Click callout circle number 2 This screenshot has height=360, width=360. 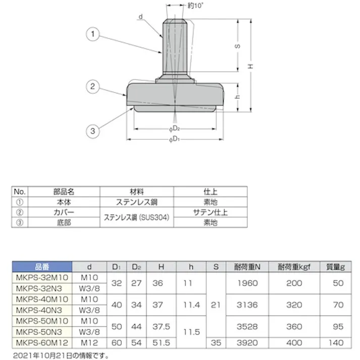click(x=92, y=86)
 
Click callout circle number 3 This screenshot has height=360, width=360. click(x=92, y=131)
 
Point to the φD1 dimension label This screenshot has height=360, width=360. click(x=174, y=139)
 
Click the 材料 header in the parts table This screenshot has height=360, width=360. click(x=136, y=192)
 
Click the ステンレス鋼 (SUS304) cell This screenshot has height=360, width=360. click(x=136, y=218)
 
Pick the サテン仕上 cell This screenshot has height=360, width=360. click(x=210, y=212)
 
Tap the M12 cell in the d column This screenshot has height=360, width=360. click(x=90, y=342)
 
